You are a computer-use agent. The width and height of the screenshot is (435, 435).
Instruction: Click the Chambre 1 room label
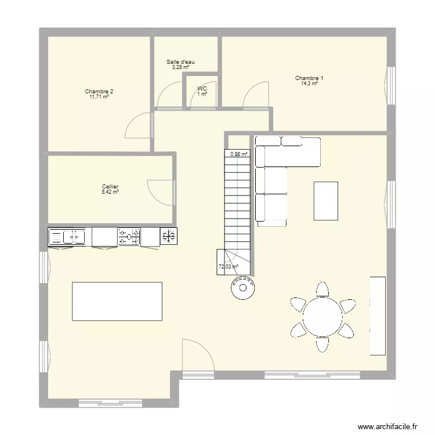click(x=309, y=78)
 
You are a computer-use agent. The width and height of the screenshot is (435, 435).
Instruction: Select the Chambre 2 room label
click(x=99, y=92)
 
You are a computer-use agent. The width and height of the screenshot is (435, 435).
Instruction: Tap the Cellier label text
click(x=110, y=187)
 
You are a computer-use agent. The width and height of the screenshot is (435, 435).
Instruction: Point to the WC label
click(x=201, y=89)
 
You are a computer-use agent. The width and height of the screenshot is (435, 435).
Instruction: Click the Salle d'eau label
click(x=180, y=62)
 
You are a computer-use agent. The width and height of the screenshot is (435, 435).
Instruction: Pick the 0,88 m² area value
click(x=238, y=154)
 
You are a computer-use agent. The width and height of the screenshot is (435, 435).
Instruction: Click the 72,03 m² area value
click(x=228, y=267)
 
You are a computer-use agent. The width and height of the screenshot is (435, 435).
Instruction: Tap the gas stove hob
click(x=129, y=237)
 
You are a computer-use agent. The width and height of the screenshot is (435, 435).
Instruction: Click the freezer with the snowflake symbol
click(x=169, y=236)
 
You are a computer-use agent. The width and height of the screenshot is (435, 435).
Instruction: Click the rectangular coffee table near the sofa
click(x=325, y=201)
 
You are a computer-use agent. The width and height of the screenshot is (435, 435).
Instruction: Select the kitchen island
click(x=117, y=300)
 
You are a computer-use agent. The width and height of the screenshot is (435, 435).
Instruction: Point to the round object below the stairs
click(x=242, y=287)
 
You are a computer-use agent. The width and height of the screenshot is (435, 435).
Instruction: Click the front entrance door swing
click(x=196, y=355)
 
